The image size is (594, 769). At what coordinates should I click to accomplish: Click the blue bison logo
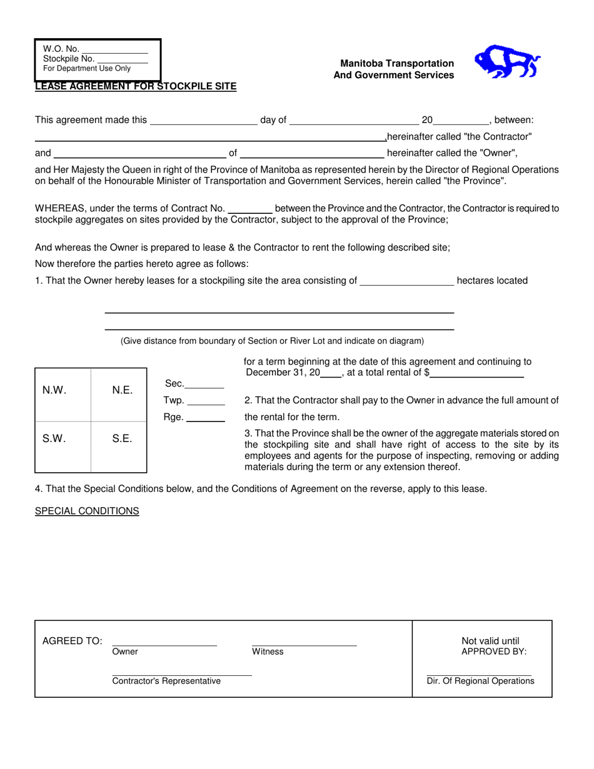507,62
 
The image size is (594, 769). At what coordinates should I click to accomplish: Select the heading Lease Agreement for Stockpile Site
136,87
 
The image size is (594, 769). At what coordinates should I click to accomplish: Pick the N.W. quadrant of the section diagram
63,395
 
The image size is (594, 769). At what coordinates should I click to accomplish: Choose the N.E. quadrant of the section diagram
119,395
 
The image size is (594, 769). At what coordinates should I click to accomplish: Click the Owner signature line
164,643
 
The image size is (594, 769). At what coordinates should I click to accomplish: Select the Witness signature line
304,643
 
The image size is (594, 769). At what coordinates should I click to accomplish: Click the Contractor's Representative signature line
181,674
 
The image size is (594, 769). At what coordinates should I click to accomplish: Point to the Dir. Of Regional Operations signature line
480,674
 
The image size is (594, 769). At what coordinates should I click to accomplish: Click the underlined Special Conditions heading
87,511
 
